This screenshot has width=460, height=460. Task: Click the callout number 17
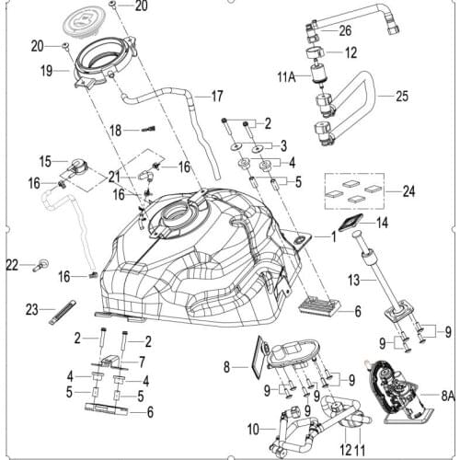coord(218,96)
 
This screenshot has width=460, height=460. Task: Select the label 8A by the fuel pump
coord(448,397)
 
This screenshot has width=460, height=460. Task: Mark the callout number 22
coord(12,265)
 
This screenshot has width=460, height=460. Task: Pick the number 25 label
coord(401,96)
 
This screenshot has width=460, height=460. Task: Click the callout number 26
coord(345,30)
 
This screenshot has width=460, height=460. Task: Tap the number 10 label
coord(253,429)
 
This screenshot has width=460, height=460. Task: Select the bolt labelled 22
coord(40,267)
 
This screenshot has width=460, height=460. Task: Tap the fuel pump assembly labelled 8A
coord(399,396)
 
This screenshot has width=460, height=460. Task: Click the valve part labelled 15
coord(78,168)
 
